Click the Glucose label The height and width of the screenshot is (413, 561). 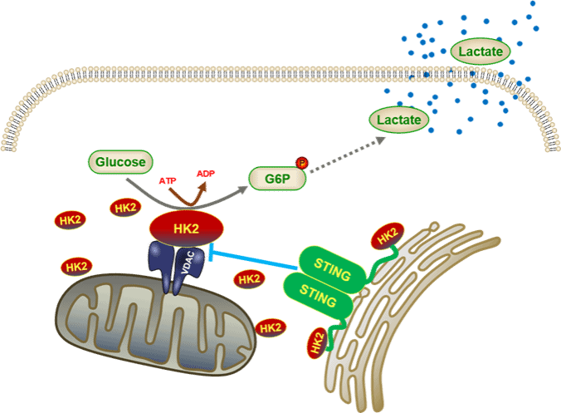pos(120,161)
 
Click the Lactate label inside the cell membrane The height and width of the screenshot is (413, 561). pos(399,120)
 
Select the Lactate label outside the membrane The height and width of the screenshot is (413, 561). pos(481,52)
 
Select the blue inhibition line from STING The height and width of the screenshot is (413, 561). pos(257,258)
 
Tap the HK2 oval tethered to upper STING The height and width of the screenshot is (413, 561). pos(388,236)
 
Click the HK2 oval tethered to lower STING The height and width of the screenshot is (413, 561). pos(316,345)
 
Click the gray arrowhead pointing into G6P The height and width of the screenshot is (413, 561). pos(243,187)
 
